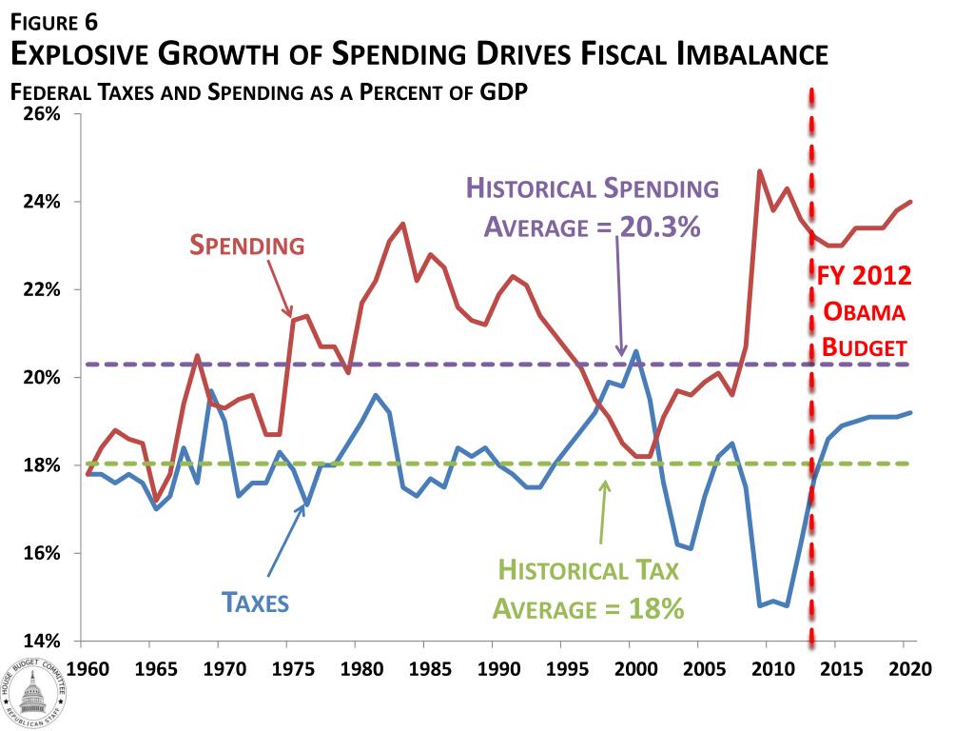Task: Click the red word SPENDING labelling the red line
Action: [247, 246]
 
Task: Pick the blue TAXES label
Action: [255, 603]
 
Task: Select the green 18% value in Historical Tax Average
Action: [655, 608]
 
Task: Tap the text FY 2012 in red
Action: [865, 277]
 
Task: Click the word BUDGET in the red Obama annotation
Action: [864, 347]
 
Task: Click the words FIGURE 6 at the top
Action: [53, 18]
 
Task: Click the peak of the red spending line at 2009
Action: [759, 171]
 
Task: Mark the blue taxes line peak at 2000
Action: [635, 351]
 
